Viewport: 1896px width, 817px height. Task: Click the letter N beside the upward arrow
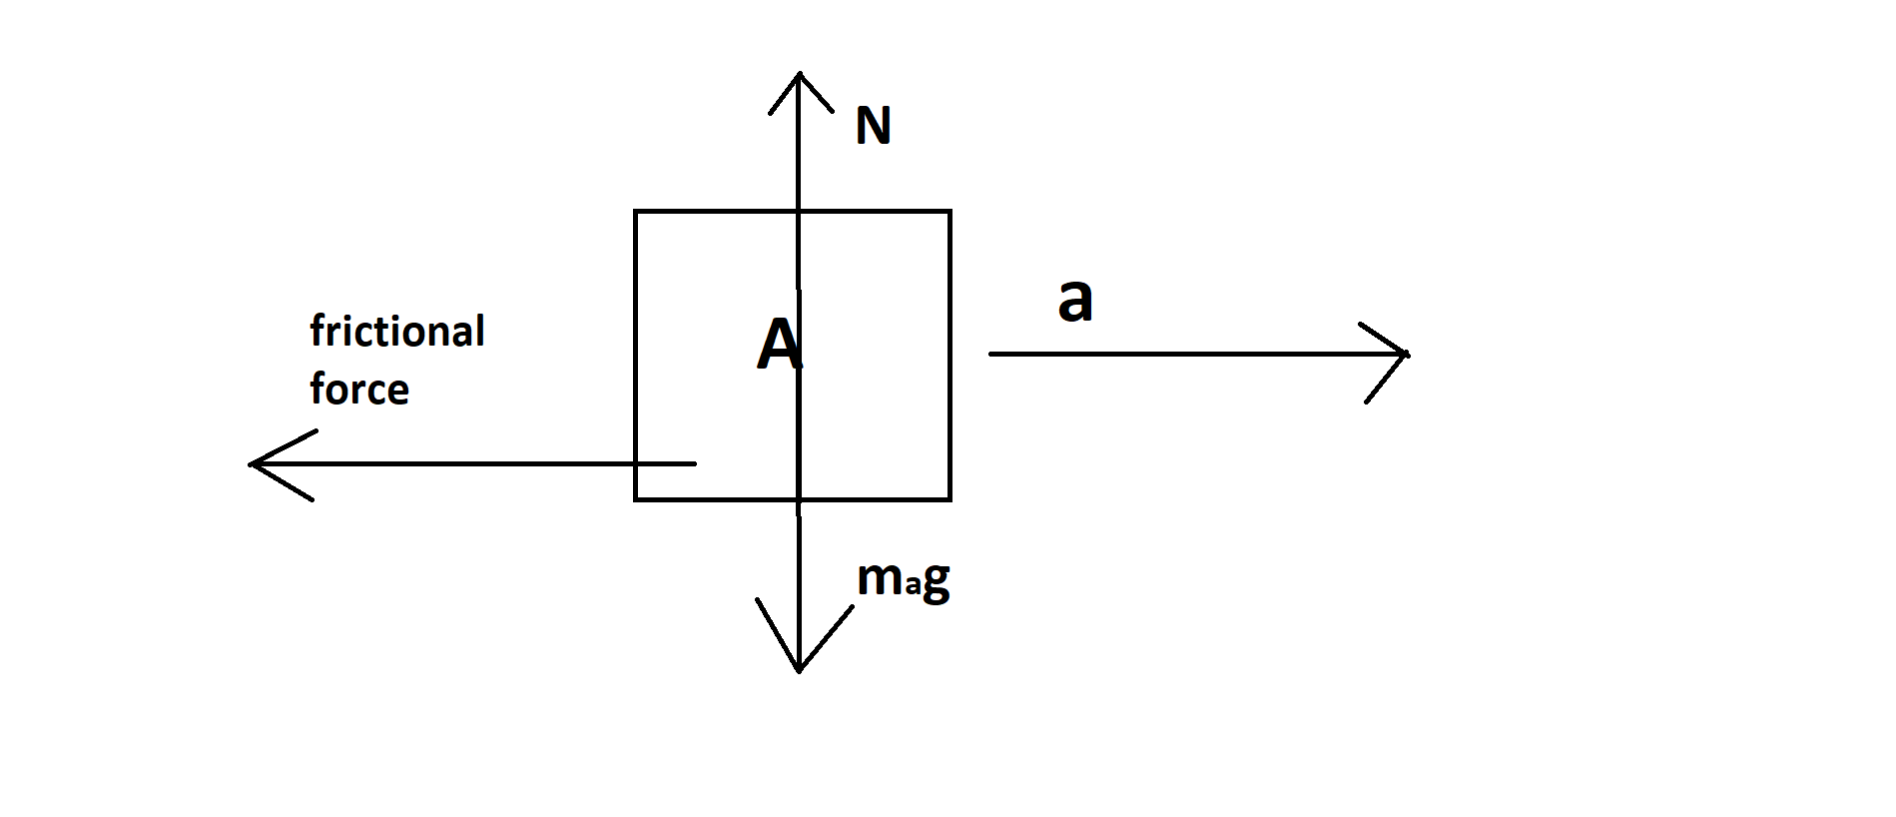click(874, 126)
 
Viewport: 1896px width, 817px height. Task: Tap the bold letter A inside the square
click(779, 345)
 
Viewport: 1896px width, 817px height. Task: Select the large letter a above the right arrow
click(1075, 300)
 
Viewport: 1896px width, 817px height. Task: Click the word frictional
click(397, 332)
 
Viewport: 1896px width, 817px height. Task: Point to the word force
click(359, 390)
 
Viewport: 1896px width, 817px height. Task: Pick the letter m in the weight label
click(880, 578)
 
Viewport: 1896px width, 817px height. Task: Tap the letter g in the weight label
click(937, 581)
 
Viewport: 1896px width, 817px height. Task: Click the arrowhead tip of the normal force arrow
click(799, 73)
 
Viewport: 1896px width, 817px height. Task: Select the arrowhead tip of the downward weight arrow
click(799, 670)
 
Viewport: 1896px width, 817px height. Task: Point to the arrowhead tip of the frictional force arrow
click(251, 463)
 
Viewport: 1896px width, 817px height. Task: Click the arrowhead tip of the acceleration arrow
click(1407, 354)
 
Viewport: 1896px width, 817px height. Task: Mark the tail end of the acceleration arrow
click(990, 354)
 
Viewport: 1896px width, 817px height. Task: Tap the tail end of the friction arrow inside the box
click(695, 463)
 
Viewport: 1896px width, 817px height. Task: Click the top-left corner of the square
click(635, 212)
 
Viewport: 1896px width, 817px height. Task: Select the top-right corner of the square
click(949, 212)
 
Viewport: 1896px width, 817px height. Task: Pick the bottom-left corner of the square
click(635, 499)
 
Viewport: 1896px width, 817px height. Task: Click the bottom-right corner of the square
click(949, 499)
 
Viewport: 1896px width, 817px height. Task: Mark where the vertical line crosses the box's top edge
click(799, 212)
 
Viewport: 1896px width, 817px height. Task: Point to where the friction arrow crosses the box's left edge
click(635, 463)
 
